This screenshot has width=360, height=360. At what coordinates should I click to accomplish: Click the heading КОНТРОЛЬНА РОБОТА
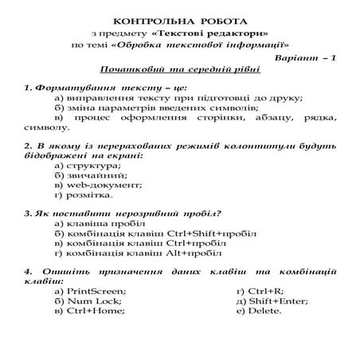[179, 18]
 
